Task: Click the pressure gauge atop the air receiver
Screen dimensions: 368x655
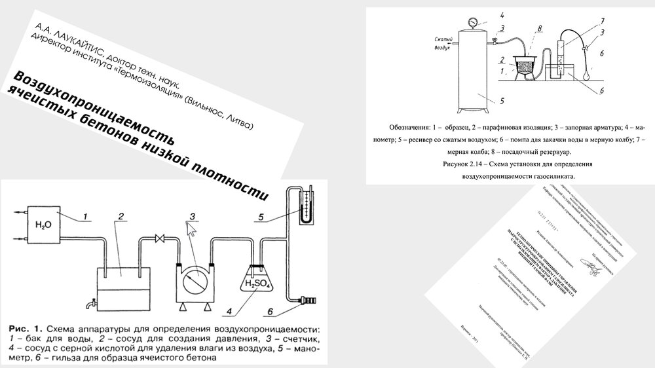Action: click(x=472, y=22)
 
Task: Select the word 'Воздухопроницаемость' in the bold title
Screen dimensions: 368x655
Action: click(x=92, y=106)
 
